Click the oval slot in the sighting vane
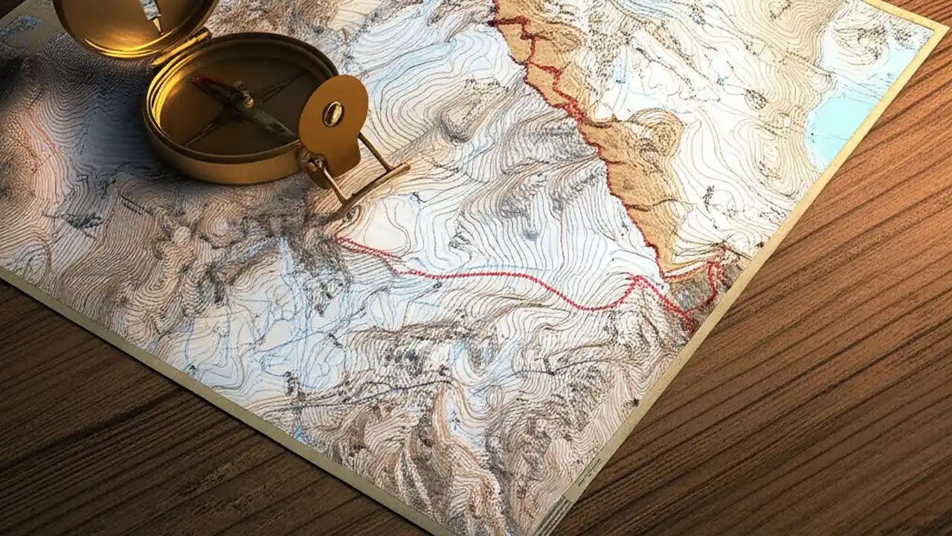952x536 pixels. coord(333,113)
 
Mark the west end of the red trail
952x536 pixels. coord(336,240)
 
